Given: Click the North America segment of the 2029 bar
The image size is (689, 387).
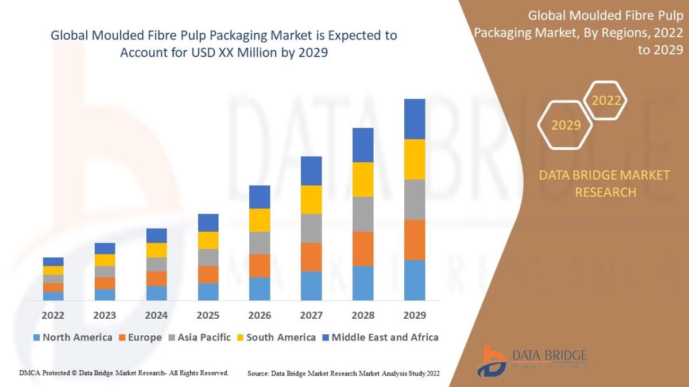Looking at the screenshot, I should [415, 280].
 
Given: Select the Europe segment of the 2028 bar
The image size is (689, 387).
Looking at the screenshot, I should [363, 248].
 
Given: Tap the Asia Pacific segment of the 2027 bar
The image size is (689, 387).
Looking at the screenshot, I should [311, 228].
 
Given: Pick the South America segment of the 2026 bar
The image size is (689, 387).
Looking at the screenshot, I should [260, 220].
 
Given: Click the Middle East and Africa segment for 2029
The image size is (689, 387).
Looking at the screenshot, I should [415, 119].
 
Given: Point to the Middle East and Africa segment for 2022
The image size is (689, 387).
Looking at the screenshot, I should [53, 261].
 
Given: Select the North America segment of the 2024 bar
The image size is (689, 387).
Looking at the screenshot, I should [156, 293].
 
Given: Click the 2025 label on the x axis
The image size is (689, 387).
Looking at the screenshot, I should [208, 315].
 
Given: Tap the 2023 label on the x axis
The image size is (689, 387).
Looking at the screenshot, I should [104, 315].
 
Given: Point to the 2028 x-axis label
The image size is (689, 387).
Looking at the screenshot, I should [363, 315].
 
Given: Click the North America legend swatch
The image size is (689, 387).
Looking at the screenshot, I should [37, 338].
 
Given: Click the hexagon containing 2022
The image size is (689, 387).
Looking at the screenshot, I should [605, 101].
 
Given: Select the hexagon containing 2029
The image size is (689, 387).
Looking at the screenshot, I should [566, 125].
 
